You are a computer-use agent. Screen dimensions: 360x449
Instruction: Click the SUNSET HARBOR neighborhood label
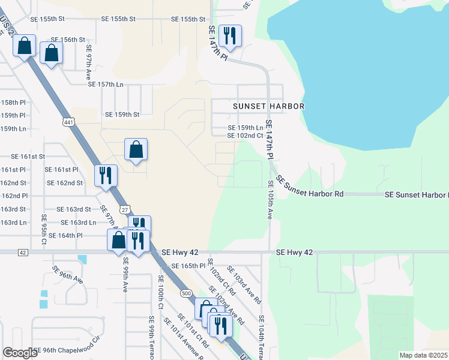coord(269,106)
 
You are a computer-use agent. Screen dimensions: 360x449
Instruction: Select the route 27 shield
coord(124,209)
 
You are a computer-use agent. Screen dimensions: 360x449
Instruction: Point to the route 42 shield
coord(23,253)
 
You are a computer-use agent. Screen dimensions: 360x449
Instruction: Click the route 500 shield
coord(185,293)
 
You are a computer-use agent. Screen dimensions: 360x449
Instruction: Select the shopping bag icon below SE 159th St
coord(136,150)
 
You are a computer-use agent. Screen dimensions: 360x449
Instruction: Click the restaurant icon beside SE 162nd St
coord(106,176)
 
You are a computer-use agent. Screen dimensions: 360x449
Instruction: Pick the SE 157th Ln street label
coord(106,84)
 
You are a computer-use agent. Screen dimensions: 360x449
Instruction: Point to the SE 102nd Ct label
coord(246,136)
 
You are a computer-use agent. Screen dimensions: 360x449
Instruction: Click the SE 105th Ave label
coord(271,200)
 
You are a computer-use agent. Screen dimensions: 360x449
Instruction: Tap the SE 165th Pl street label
coord(188,265)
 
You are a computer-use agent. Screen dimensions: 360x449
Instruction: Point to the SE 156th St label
coord(61,40)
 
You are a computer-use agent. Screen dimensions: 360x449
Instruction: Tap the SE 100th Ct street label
coord(160,292)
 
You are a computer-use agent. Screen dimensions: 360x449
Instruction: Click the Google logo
coord(20,353)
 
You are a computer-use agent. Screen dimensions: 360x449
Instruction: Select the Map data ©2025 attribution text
coord(423,355)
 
